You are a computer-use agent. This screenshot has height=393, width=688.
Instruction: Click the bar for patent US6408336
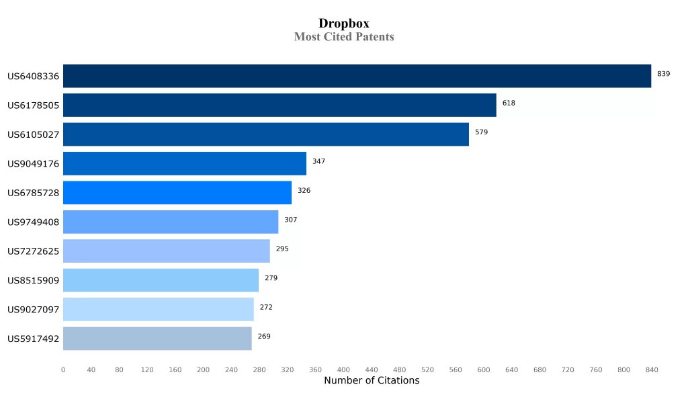pyautogui.click(x=357, y=76)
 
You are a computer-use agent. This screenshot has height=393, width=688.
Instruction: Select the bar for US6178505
pyautogui.click(x=279, y=105)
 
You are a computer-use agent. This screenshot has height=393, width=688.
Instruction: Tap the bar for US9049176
pyautogui.click(x=185, y=163)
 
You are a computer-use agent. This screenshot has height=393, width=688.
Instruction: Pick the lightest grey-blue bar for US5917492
pyautogui.click(x=157, y=339)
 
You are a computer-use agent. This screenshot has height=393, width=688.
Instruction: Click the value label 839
pyautogui.click(x=663, y=74)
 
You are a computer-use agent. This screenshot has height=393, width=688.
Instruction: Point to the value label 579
pyautogui.click(x=481, y=132)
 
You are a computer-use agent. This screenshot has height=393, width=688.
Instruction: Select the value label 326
pyautogui.click(x=304, y=191)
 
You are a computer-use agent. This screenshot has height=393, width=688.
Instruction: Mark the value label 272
pyautogui.click(x=266, y=308)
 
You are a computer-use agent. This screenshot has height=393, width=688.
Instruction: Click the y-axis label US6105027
pyautogui.click(x=33, y=134)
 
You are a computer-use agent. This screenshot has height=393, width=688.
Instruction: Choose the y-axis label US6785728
pyautogui.click(x=33, y=193)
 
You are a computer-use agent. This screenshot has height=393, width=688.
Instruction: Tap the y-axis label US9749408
pyautogui.click(x=33, y=222)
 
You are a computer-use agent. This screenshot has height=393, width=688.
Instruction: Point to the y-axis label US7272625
pyautogui.click(x=33, y=251)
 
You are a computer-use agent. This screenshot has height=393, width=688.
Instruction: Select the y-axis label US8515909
pyautogui.click(x=33, y=280)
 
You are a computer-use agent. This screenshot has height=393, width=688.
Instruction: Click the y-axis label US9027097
pyautogui.click(x=33, y=310)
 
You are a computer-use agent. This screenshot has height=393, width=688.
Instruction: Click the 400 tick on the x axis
pyautogui.click(x=343, y=370)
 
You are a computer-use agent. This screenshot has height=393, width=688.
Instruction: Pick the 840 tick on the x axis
pyautogui.click(x=651, y=370)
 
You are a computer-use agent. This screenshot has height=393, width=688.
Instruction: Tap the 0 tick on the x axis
pyautogui.click(x=63, y=370)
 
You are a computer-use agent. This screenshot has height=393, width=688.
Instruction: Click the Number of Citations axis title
pyautogui.click(x=371, y=381)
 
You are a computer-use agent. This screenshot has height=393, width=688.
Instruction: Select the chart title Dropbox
pyautogui.click(x=344, y=24)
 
